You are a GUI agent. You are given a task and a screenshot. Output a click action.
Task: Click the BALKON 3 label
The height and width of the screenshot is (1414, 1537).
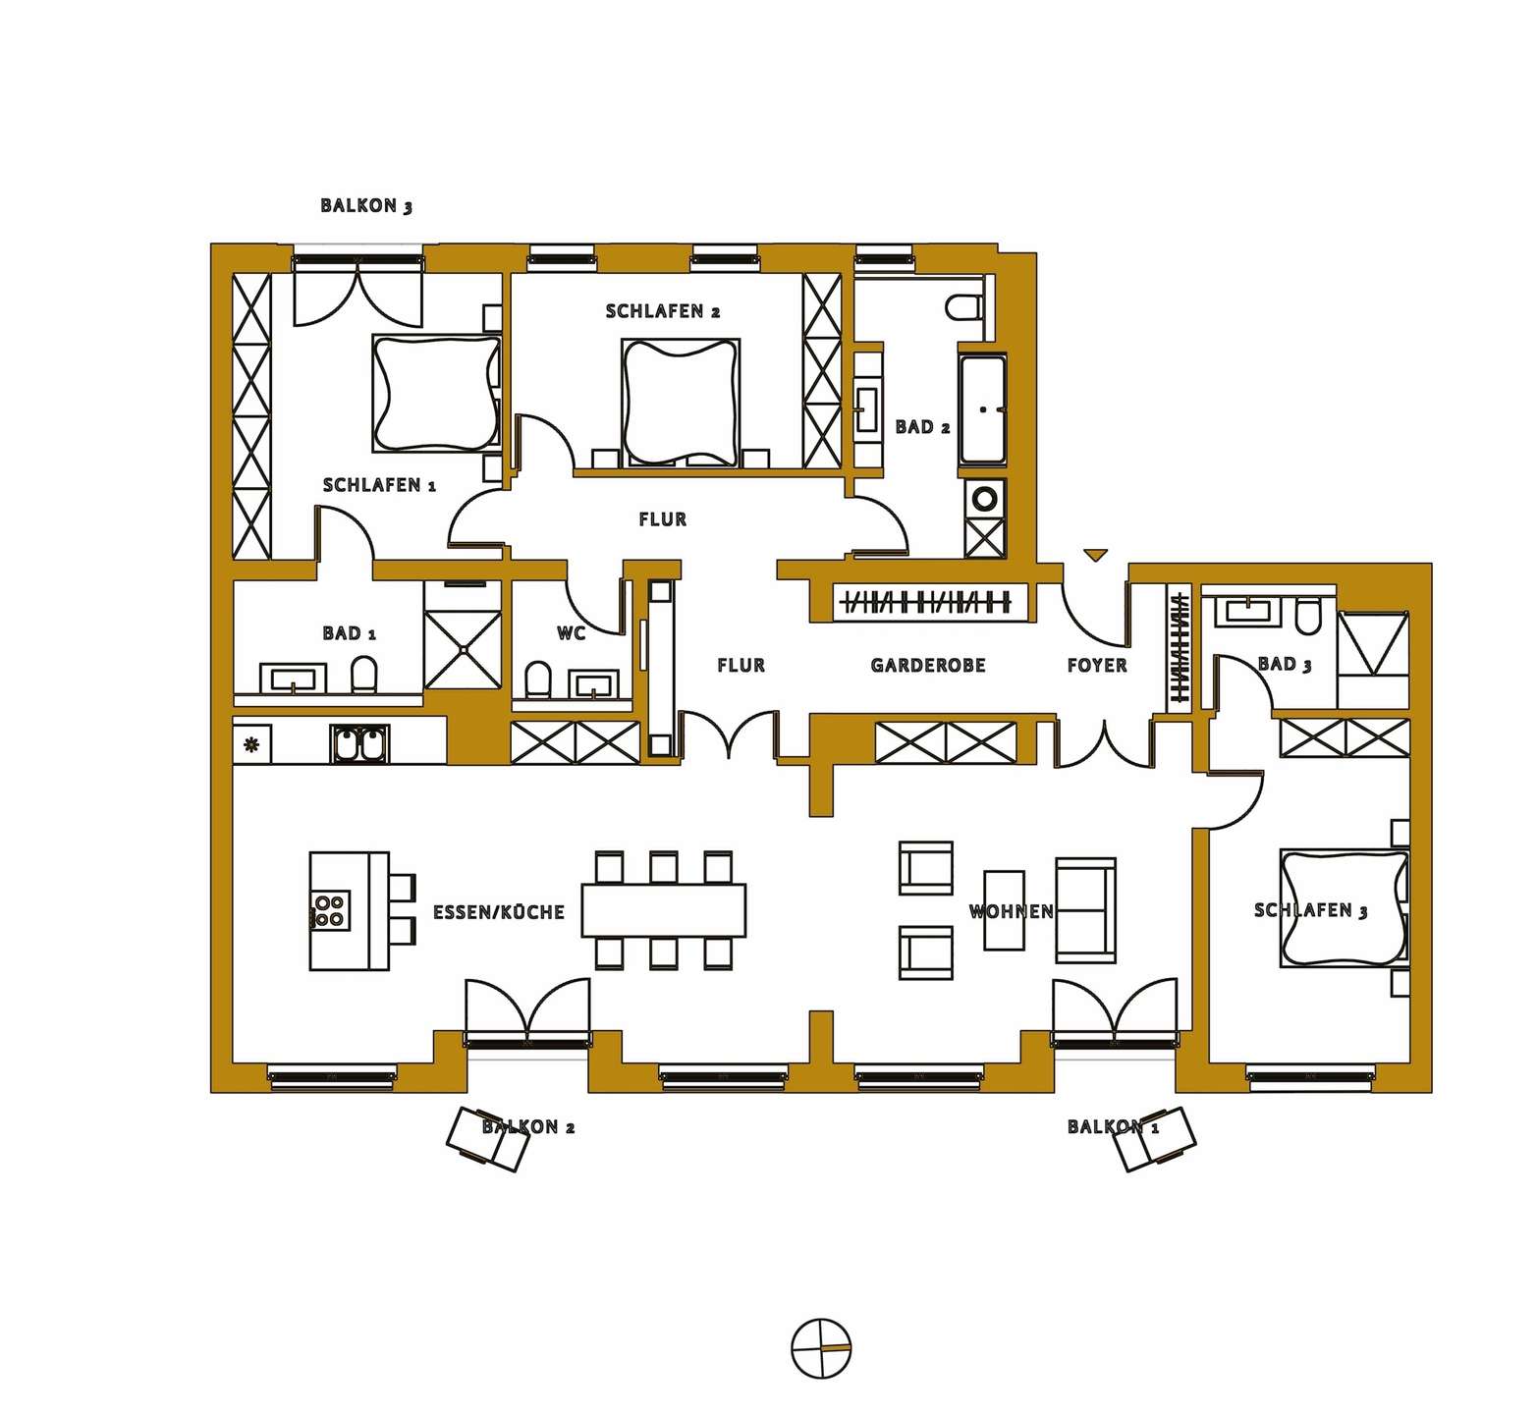coord(366,206)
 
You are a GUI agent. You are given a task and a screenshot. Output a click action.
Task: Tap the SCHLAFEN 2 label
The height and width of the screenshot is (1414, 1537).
coord(663,311)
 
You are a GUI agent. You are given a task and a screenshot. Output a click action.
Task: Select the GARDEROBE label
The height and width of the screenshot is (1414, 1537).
coord(928,665)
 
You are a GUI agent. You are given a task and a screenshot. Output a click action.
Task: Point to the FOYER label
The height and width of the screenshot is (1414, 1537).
coord(1097,665)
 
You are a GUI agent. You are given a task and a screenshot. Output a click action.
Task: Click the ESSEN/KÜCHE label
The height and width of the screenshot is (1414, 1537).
coord(499,912)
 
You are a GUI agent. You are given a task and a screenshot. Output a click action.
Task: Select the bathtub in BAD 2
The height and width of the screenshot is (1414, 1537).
coord(983,408)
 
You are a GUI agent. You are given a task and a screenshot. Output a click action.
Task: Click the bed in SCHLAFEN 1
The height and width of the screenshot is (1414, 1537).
coord(435,393)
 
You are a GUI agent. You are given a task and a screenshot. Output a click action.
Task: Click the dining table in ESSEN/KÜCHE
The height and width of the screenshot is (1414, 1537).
coord(664,910)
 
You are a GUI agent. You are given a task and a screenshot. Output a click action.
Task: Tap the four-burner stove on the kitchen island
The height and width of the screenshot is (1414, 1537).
coord(328,910)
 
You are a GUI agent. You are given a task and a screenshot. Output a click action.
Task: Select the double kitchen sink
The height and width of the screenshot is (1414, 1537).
coord(359,744)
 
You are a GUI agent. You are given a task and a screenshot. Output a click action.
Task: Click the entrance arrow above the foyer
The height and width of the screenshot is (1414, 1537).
coord(1095,556)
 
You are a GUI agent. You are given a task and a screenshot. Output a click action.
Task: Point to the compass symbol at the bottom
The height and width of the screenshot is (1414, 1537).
coord(821,1348)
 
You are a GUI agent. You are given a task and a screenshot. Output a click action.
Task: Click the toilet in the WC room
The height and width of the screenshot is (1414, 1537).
coord(538,679)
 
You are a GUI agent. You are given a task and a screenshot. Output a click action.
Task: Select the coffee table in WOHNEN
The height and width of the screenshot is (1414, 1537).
coord(1005,910)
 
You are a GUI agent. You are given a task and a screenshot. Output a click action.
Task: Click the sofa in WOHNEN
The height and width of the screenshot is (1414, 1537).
coord(1086,909)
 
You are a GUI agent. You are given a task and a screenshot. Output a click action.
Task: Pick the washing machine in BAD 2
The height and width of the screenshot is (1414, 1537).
coord(985,498)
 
